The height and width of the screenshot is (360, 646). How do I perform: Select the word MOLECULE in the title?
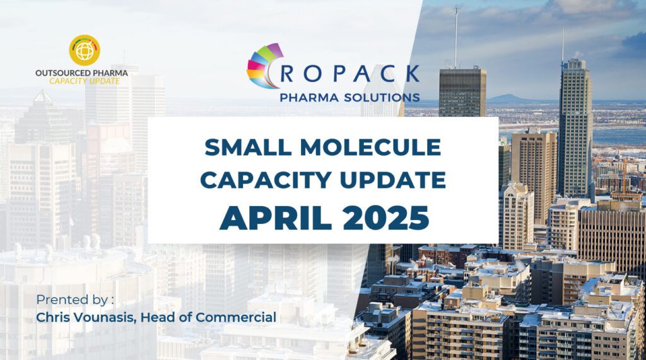point(370,148)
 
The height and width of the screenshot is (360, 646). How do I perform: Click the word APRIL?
point(276,218)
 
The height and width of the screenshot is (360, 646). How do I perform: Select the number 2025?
point(386,218)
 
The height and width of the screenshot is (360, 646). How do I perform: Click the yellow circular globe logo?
point(85,50)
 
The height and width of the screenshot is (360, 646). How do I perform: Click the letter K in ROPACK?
point(412,74)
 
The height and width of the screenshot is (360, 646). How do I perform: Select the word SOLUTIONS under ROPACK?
point(382,98)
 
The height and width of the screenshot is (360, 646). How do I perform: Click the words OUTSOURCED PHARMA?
point(81,73)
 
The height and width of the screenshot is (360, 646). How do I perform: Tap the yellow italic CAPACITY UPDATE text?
point(85,81)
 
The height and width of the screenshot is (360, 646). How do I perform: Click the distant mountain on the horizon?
point(510,98)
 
